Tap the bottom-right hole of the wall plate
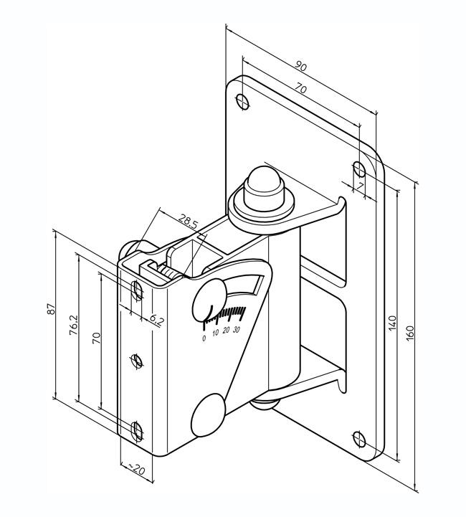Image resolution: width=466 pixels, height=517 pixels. pos(361,437)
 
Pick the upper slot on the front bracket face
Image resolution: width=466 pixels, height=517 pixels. pos(136,290)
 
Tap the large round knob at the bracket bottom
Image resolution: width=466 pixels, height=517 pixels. pos(209,414)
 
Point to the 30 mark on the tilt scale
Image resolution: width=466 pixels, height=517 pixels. pos(237,329)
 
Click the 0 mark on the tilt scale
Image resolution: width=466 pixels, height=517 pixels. pos(205,338)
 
